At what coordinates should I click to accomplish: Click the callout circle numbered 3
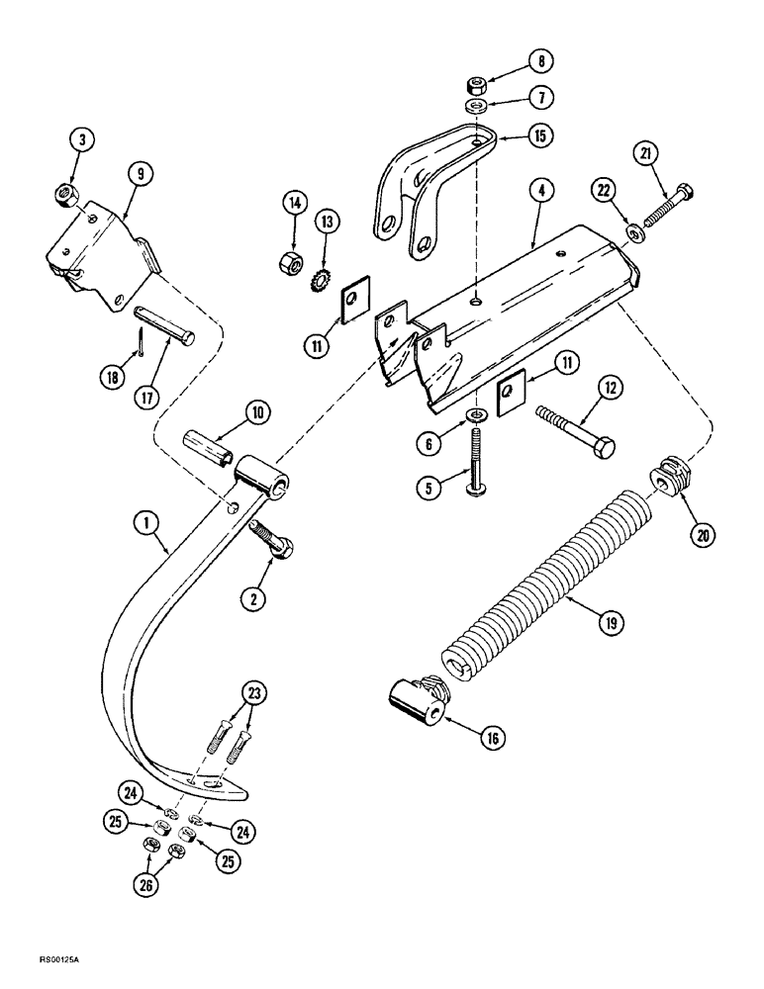[86, 141]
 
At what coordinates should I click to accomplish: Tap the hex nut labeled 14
[293, 263]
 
